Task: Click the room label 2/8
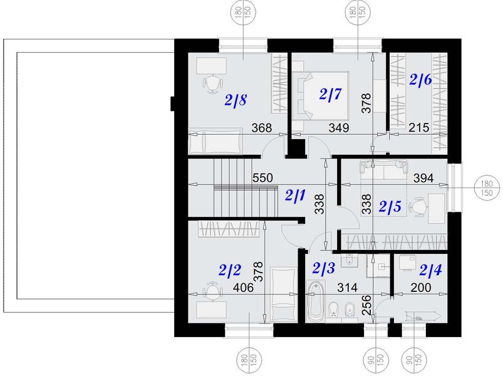click(237, 100)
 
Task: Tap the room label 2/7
click(330, 95)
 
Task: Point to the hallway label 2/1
click(295, 195)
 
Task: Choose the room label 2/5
click(389, 206)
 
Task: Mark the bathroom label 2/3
click(324, 270)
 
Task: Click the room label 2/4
click(430, 271)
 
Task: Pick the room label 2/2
click(230, 270)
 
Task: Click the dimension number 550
click(262, 178)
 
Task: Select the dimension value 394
click(424, 178)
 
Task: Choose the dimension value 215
click(418, 128)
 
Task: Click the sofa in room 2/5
click(383, 168)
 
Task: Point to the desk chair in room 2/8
click(212, 82)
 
